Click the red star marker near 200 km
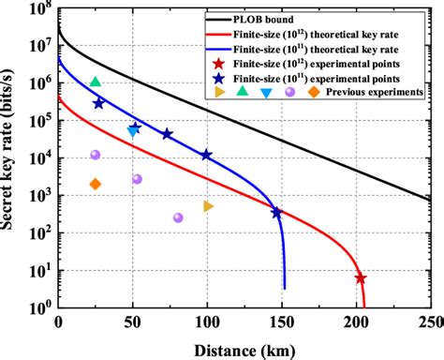pos(360,278)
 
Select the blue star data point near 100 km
pos(206,155)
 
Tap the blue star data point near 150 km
pos(277,213)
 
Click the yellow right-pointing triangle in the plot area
pos(209,206)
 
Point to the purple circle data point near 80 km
pos(178,217)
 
